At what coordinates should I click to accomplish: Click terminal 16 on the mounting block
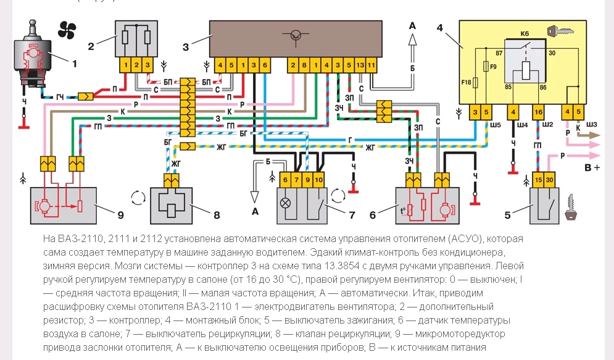coord(539,112)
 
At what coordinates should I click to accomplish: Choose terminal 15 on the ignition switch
coord(538,180)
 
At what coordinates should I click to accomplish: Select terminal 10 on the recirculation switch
coord(318,180)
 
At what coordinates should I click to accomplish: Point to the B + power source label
coord(592,167)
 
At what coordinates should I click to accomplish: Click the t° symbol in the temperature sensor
coord(402,207)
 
